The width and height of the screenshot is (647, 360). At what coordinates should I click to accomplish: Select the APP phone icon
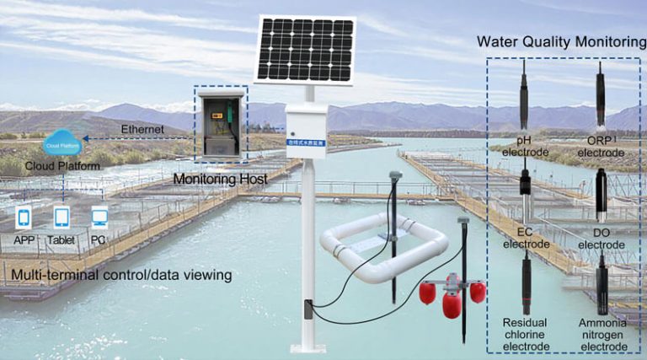click(x=24, y=218)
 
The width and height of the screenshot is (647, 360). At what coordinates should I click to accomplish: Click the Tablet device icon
click(x=61, y=218)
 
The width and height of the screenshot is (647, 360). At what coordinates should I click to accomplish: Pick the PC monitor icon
click(x=99, y=218)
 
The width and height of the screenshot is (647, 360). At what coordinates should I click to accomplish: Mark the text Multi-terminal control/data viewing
click(x=121, y=275)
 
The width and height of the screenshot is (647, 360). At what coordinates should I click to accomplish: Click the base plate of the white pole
click(x=307, y=348)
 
